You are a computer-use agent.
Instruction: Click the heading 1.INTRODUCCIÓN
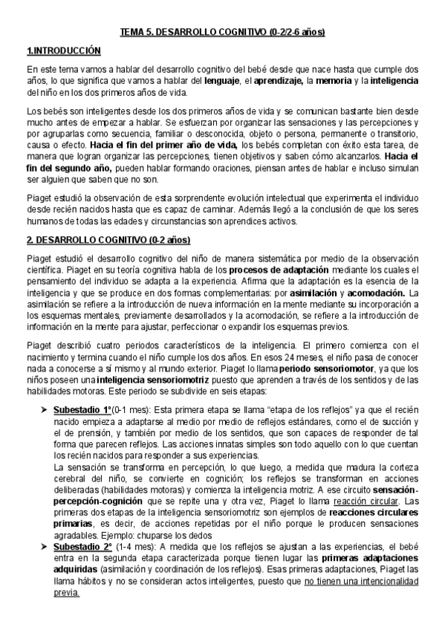63,51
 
